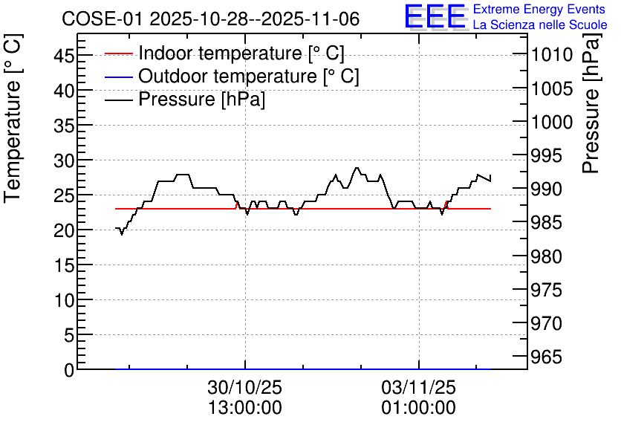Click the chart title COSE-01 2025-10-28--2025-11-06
pyautogui.click(x=211, y=19)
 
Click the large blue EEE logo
pyautogui.click(x=435, y=16)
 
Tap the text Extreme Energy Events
pyautogui.click(x=539, y=9)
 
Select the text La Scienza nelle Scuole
pyautogui.click(x=540, y=25)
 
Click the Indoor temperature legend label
pyautogui.click(x=241, y=53)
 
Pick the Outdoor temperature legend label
pyautogui.click(x=248, y=76)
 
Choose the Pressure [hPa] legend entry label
pyautogui.click(x=201, y=99)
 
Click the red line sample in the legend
pyautogui.click(x=118, y=53)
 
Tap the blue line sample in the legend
pyautogui.click(x=118, y=77)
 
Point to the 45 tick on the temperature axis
pyautogui.click(x=64, y=55)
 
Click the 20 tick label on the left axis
pyautogui.click(x=64, y=230)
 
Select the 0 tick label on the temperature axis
pyautogui.click(x=69, y=370)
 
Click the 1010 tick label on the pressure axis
pyautogui.click(x=552, y=55)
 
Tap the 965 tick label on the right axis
pyautogui.click(x=547, y=357)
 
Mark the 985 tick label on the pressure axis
pyautogui.click(x=547, y=223)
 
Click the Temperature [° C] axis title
pyautogui.click(x=13, y=119)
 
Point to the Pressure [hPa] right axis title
pyautogui.click(x=591, y=103)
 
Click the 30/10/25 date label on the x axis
pyautogui.click(x=244, y=387)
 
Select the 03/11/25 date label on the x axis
pyautogui.click(x=419, y=387)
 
